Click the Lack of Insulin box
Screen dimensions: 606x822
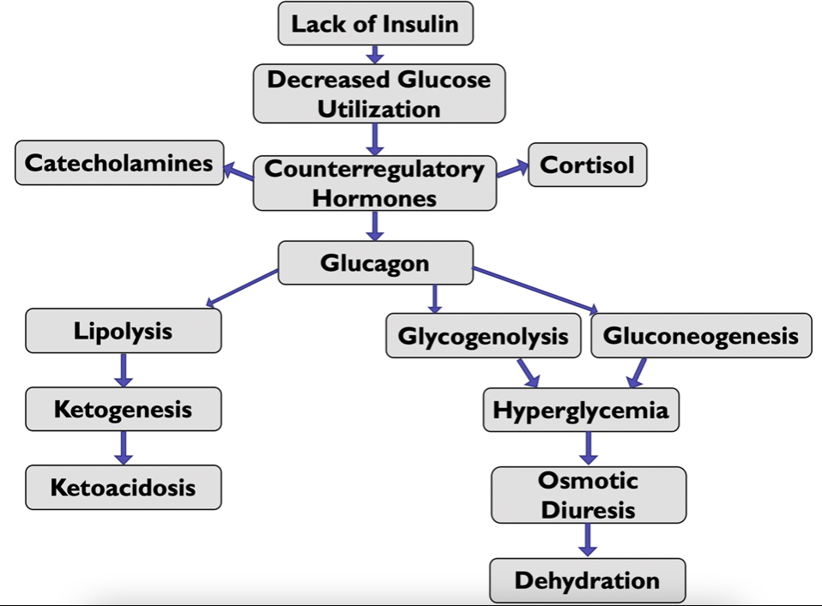(x=375, y=23)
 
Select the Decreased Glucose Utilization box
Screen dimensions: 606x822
(x=378, y=94)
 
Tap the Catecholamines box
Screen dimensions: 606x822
(x=119, y=163)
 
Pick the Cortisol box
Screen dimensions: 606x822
(x=587, y=165)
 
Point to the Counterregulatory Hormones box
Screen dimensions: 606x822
(x=374, y=183)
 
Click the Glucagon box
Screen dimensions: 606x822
(x=375, y=263)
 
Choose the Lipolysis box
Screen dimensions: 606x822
(x=123, y=332)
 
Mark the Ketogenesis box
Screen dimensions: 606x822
(x=123, y=409)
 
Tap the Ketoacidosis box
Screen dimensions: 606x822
(x=123, y=488)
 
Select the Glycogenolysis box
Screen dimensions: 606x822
(x=483, y=336)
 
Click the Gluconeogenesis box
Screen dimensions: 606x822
(x=701, y=335)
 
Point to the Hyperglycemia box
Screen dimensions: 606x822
(x=580, y=410)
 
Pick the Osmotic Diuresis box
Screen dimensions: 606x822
(x=588, y=495)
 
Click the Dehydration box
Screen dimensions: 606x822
(x=587, y=580)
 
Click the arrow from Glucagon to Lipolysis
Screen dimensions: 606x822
(x=242, y=288)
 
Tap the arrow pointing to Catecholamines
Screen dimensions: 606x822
(x=239, y=172)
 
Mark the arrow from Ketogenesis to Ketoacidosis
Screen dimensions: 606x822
(x=124, y=447)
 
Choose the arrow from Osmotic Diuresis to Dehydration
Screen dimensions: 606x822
(x=587, y=540)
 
